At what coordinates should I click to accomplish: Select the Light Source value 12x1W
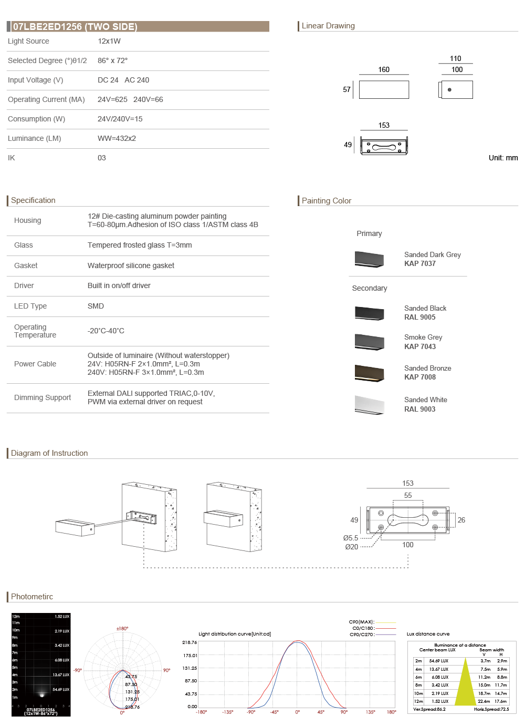click(x=109, y=41)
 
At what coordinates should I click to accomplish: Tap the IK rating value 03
click(x=102, y=158)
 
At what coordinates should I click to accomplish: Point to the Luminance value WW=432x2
click(x=117, y=138)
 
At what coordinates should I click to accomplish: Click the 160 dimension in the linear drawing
click(x=384, y=69)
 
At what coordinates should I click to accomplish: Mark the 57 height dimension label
click(x=346, y=89)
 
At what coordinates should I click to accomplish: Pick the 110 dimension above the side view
click(x=455, y=58)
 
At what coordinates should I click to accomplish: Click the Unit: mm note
click(x=503, y=158)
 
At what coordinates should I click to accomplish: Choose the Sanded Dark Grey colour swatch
click(x=369, y=259)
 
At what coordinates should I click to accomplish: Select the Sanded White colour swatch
click(x=369, y=404)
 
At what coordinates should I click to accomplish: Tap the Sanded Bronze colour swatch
click(x=369, y=373)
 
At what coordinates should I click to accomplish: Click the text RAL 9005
click(x=419, y=317)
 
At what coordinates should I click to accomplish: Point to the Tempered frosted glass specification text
click(x=140, y=245)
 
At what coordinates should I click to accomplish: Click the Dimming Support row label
click(x=43, y=397)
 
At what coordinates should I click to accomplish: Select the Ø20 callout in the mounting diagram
click(x=352, y=547)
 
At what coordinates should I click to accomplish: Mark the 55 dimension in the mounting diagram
click(x=408, y=495)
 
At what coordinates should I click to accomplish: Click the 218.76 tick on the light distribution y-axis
click(x=190, y=642)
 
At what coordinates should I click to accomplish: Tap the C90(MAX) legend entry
click(x=361, y=622)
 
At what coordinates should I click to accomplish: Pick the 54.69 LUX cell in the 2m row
click(x=438, y=661)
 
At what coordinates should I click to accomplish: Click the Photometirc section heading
click(x=32, y=597)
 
